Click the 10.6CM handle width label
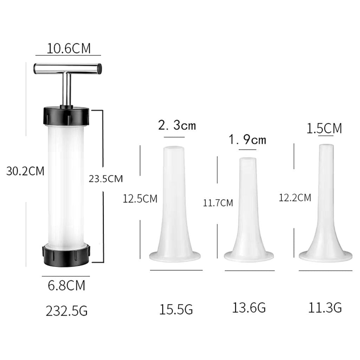[x=69, y=49]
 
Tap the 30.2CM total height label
[x=25, y=171]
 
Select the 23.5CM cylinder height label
[x=106, y=179]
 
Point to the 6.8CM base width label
[x=66, y=285]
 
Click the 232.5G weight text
[x=66, y=311]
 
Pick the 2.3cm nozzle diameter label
[x=177, y=125]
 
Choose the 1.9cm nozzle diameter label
[x=247, y=139]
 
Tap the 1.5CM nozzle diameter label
[x=324, y=128]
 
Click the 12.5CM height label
[x=140, y=199]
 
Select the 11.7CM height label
[x=218, y=203]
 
